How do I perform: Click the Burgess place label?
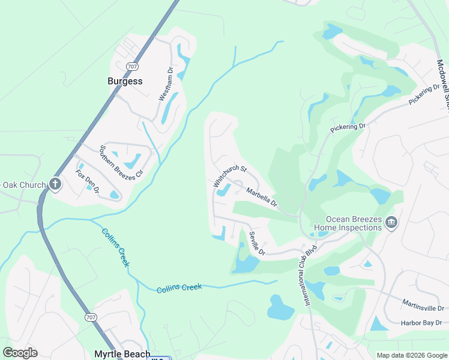(x=125, y=81)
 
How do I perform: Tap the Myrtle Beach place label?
(x=122, y=354)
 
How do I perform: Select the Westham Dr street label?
(x=166, y=83)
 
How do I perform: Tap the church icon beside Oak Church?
(x=55, y=184)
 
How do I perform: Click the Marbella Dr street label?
(x=262, y=198)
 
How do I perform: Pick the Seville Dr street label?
(x=256, y=243)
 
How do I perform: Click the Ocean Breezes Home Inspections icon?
(x=391, y=223)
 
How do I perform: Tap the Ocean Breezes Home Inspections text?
(x=354, y=223)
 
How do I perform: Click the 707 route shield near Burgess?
(x=131, y=66)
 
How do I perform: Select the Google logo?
(x=20, y=353)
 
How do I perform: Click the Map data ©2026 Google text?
(x=411, y=355)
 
